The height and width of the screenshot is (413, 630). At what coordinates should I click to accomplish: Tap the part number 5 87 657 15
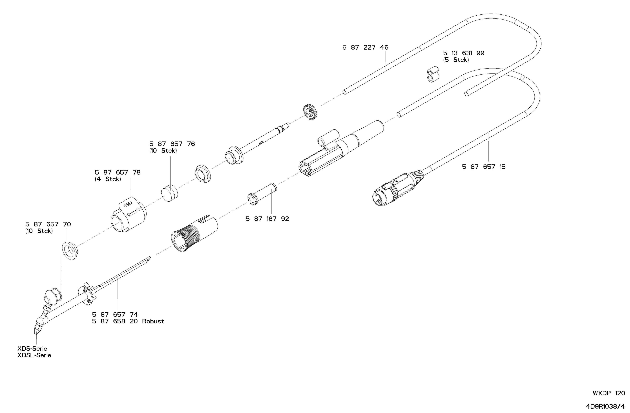click(484, 167)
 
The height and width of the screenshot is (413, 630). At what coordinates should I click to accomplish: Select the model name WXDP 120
click(609, 393)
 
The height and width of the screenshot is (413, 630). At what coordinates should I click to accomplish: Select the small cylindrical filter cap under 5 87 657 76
click(169, 193)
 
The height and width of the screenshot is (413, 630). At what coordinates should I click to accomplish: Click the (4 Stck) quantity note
click(108, 179)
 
